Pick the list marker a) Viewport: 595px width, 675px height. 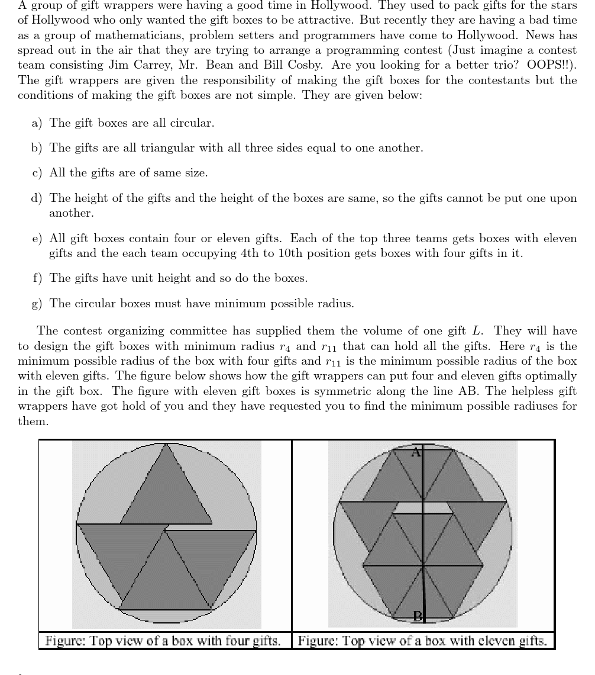pos(37,123)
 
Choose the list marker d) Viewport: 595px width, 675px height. pos(37,198)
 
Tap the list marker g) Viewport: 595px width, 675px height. pos(37,304)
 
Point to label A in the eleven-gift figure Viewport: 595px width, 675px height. pos(415,452)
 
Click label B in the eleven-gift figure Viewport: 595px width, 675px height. pos(417,616)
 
